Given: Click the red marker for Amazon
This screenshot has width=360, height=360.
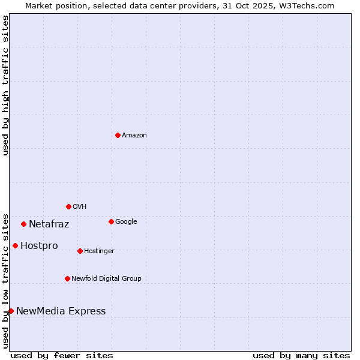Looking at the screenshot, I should point(118,135).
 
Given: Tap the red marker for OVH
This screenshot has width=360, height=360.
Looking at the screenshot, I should point(68,206).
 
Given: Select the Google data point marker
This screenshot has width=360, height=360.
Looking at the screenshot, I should point(111,221).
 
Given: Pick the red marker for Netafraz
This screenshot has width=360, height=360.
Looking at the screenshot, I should point(23,224).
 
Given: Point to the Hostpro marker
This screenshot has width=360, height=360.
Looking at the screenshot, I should point(15,245).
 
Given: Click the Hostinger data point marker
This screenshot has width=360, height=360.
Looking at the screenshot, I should point(80,251).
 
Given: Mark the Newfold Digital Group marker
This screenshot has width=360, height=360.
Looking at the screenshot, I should point(67,278).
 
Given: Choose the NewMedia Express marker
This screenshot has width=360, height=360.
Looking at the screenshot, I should point(11,311).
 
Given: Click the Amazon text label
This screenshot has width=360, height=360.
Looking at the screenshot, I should point(134,136).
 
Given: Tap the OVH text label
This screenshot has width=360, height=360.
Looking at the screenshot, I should point(80,207).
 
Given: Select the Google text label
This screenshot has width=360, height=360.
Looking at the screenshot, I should point(126,222).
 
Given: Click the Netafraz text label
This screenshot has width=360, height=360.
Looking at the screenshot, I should point(49,224).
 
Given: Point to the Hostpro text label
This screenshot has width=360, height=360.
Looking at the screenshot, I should point(39,246).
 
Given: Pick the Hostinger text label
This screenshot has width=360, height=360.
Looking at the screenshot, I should point(99,251).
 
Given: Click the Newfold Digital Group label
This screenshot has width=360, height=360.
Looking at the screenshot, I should point(106,279).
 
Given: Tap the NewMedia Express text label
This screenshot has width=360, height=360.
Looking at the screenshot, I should point(61,311).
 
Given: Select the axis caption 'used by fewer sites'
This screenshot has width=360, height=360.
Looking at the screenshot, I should point(62,355).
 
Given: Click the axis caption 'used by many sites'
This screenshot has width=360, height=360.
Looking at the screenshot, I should point(301,355).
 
